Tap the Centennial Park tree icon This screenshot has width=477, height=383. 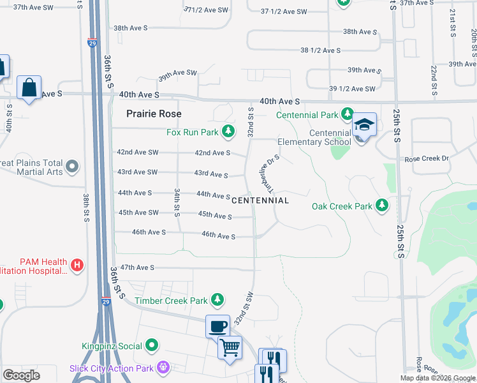347,115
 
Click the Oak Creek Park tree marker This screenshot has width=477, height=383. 382,206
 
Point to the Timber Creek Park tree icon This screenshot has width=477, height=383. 218,299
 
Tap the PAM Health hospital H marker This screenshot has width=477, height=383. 77,264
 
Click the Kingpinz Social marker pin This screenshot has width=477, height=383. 152,346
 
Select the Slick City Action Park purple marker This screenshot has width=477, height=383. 164,368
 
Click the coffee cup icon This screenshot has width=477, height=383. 217,326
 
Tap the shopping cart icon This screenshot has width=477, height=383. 230,347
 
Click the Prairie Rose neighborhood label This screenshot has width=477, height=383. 154,114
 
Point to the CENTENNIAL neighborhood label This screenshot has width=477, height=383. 260,200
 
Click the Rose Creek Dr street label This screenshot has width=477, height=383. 427,158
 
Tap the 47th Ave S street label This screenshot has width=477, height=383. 137,267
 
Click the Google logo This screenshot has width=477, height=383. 22,375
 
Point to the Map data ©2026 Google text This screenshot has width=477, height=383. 437,378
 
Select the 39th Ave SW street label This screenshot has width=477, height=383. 178,73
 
